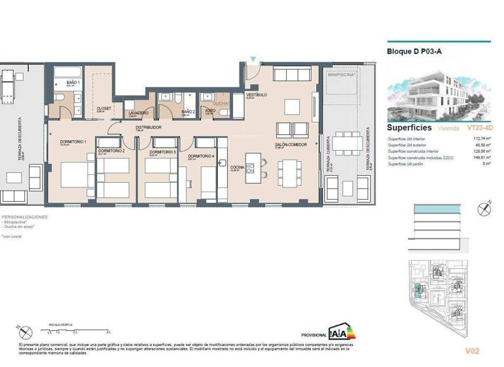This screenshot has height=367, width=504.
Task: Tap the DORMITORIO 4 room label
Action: (x=201, y=157)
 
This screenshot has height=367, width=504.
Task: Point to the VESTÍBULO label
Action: (x=255, y=95)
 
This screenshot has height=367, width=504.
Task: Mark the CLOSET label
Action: (x=104, y=108)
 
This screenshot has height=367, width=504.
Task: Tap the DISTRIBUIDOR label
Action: (x=148, y=127)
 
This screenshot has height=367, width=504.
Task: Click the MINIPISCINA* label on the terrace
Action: (x=341, y=75)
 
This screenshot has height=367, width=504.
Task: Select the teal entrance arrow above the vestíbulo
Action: (x=254, y=60)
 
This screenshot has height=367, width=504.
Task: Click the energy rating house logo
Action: (x=341, y=330)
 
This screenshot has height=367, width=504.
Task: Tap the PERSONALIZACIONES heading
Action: (x=24, y=216)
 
